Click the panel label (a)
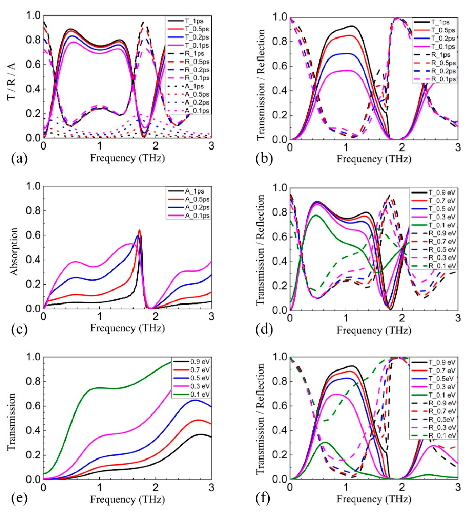click(19, 158)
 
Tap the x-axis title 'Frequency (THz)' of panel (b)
click(374, 159)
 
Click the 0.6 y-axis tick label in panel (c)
click(33, 235)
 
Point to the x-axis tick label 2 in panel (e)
click(155, 486)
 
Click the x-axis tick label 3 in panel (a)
click(211, 146)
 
